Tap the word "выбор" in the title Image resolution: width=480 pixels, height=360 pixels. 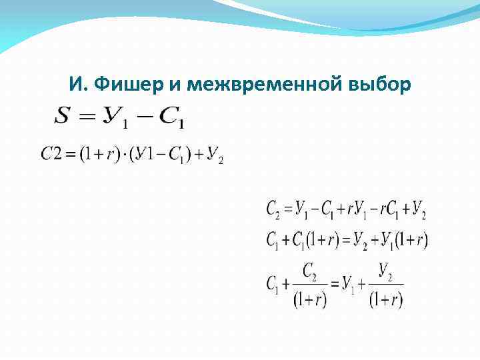click(x=379, y=85)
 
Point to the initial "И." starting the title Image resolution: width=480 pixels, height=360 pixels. click(x=77, y=85)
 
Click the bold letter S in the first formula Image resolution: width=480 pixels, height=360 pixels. click(x=61, y=116)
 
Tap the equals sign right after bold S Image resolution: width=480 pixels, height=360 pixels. click(x=86, y=117)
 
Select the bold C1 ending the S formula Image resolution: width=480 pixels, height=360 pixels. click(x=172, y=118)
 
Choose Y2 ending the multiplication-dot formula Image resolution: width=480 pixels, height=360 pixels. click(x=215, y=155)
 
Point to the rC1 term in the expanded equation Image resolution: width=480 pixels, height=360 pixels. click(x=387, y=211)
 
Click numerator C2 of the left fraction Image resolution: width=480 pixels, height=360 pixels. click(x=309, y=272)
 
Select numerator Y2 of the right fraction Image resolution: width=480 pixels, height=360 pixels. click(x=385, y=271)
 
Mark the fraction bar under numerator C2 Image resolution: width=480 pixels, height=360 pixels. click(x=310, y=285)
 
